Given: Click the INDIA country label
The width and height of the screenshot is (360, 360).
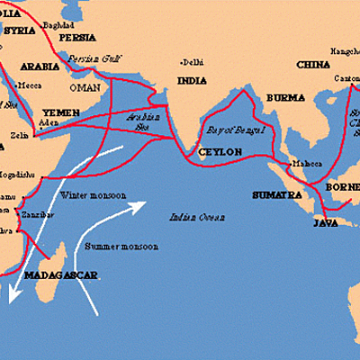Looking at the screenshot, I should click(191, 80).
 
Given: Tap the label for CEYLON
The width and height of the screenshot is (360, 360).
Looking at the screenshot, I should click(220, 152).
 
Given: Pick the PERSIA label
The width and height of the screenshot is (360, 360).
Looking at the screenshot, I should click(75, 39).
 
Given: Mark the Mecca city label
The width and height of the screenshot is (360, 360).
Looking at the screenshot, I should click(30, 86).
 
